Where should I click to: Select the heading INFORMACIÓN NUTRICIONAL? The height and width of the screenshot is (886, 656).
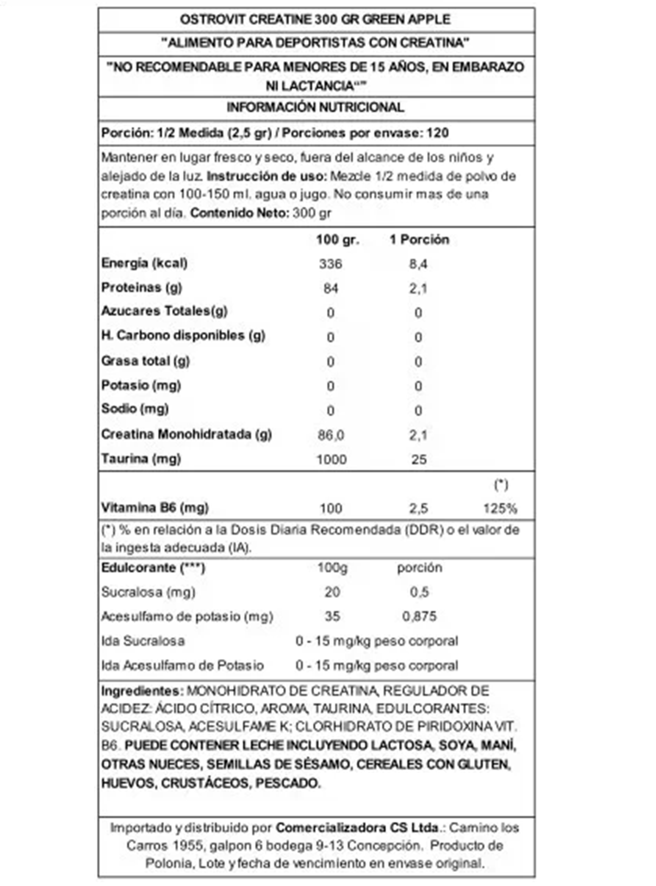(315, 107)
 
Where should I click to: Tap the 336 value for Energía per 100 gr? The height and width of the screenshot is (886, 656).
(330, 264)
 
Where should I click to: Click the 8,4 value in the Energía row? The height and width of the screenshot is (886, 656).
(418, 264)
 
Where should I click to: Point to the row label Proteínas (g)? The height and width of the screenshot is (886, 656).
(142, 288)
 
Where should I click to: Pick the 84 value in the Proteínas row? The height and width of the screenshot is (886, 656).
(330, 288)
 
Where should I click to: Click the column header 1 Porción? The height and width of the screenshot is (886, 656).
(419, 239)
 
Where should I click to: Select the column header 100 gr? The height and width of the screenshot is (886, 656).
(338, 239)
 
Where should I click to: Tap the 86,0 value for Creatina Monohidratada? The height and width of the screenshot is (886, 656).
(331, 435)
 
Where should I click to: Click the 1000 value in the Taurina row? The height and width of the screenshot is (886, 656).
(331, 460)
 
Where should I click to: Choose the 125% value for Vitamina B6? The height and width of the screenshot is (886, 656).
(500, 508)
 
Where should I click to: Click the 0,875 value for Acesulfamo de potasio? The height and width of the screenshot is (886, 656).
(419, 616)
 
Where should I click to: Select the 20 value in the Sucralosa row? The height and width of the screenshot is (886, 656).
(332, 592)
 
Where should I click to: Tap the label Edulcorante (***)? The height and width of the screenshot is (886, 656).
(153, 568)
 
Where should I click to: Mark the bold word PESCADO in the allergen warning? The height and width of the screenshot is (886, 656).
(288, 784)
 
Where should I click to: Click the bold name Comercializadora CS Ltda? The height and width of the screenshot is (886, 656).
(357, 828)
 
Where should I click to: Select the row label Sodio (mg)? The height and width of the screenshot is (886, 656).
(135, 409)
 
